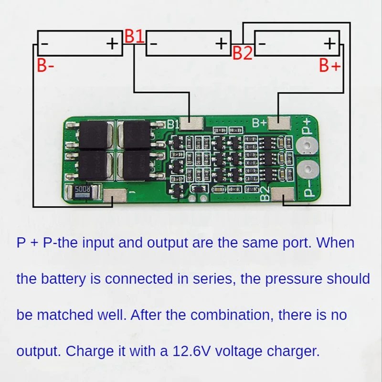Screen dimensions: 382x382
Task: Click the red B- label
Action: tap(45, 66)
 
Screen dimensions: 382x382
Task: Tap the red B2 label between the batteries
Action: tap(242, 53)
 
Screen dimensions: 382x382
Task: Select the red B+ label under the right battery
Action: tap(329, 66)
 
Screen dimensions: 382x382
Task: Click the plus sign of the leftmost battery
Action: tap(112, 44)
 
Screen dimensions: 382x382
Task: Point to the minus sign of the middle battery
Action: tap(154, 44)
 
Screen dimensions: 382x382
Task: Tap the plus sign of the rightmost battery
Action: tap(330, 44)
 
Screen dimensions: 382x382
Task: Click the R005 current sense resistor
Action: tap(82, 192)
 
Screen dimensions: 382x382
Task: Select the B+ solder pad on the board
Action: tap(279, 123)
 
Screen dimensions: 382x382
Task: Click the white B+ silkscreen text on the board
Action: tap(259, 123)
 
